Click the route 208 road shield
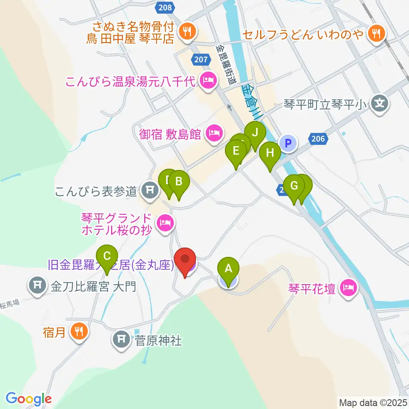164,7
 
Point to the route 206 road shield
318,138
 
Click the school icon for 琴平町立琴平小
379,103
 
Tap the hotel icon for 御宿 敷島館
212,134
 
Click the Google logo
29,399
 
